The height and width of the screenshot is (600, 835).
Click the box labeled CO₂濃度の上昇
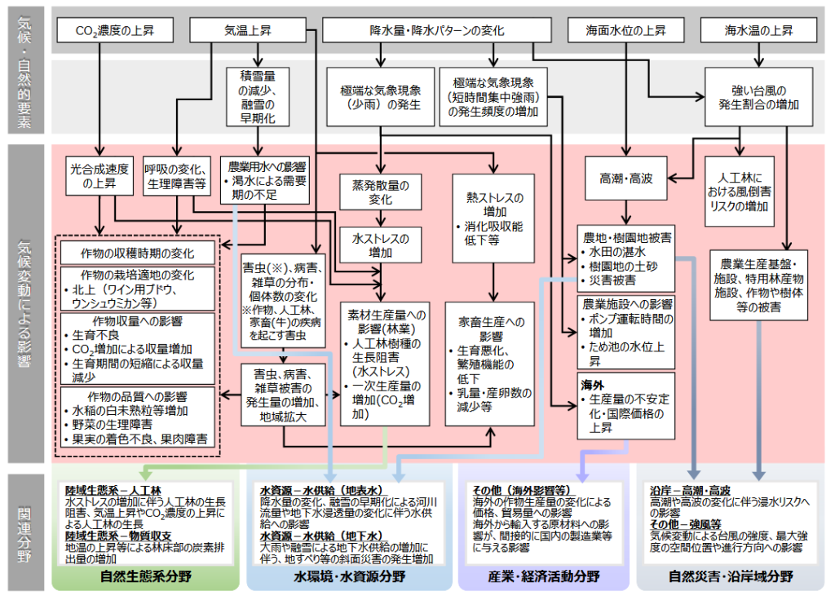tap(114, 32)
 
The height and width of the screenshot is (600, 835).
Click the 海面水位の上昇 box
tap(625, 32)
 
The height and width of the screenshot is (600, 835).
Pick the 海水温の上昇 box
tap(758, 32)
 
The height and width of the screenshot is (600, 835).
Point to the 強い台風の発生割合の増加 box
tap(758, 97)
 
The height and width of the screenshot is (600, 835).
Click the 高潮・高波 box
tap(625, 178)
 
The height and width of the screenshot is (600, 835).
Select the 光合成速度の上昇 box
tap(99, 177)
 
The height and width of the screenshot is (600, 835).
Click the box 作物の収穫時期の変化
tap(137, 252)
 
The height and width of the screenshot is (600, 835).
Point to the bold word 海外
tap(592, 384)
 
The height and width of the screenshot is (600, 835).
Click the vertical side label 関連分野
tap(25, 532)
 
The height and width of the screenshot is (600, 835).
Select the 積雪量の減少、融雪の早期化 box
tap(258, 97)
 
